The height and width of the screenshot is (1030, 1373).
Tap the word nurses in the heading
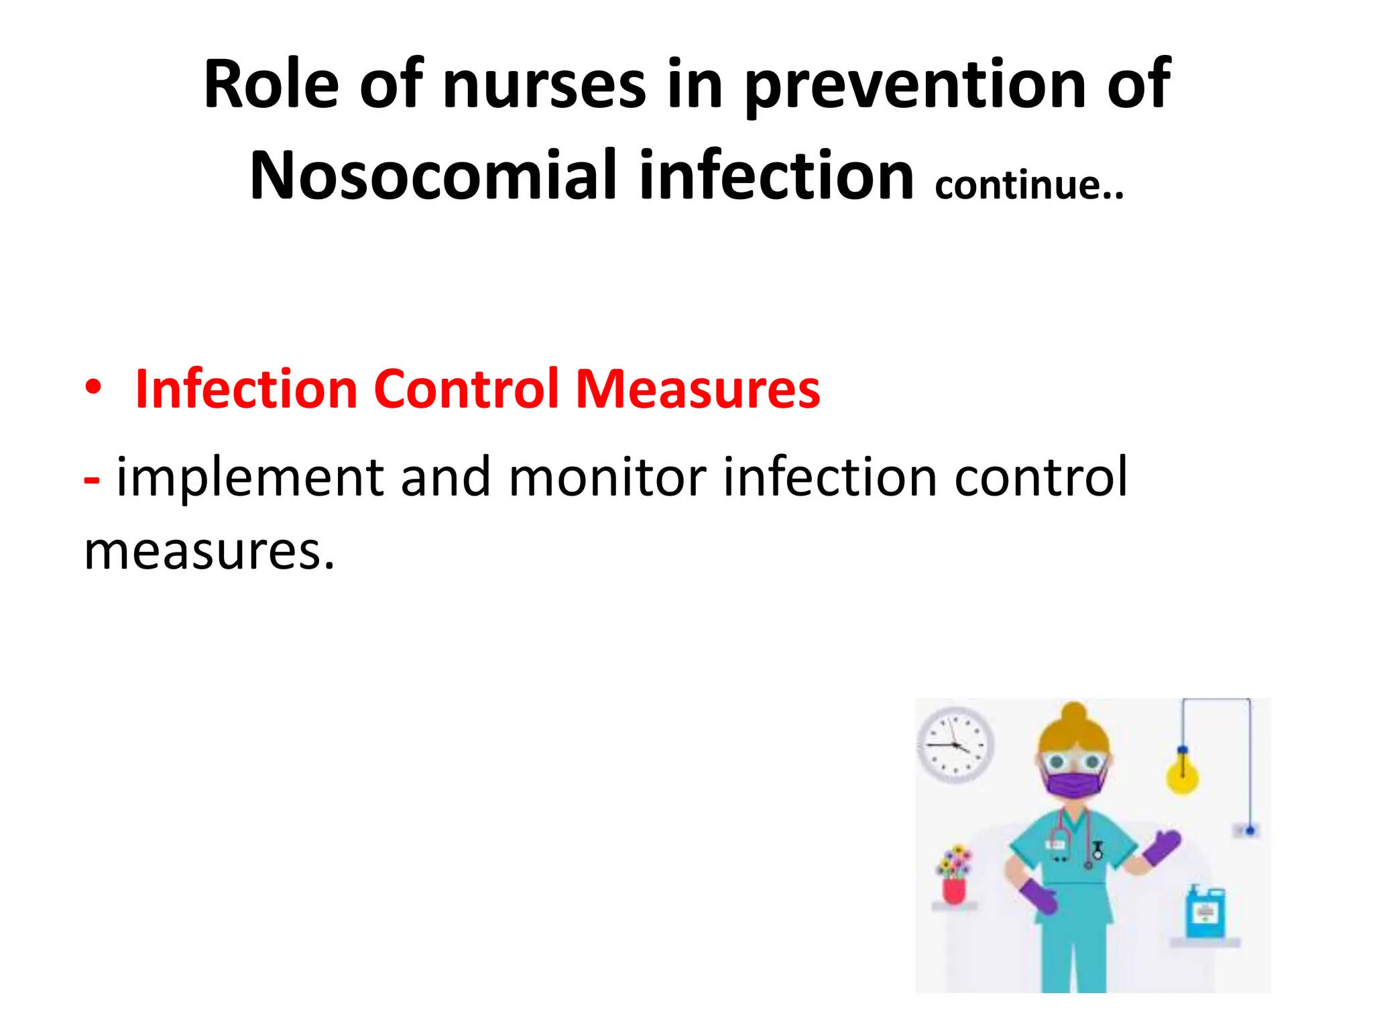coord(544,85)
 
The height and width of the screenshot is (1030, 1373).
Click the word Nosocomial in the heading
coord(433,176)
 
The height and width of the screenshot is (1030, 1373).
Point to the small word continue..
coord(1028,185)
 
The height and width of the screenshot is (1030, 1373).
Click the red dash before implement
coord(92,479)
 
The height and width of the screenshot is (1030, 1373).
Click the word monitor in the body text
coord(607,477)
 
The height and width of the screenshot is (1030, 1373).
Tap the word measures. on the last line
coord(208,551)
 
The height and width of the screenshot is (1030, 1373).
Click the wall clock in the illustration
coord(955,744)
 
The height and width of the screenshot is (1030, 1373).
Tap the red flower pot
coord(954,890)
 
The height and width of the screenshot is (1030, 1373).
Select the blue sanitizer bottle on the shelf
coord(1205,913)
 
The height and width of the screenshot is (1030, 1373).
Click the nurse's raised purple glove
coord(1163,847)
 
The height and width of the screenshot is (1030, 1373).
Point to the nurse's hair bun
coord(1074,712)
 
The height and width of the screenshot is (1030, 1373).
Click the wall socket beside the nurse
coord(1247,831)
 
